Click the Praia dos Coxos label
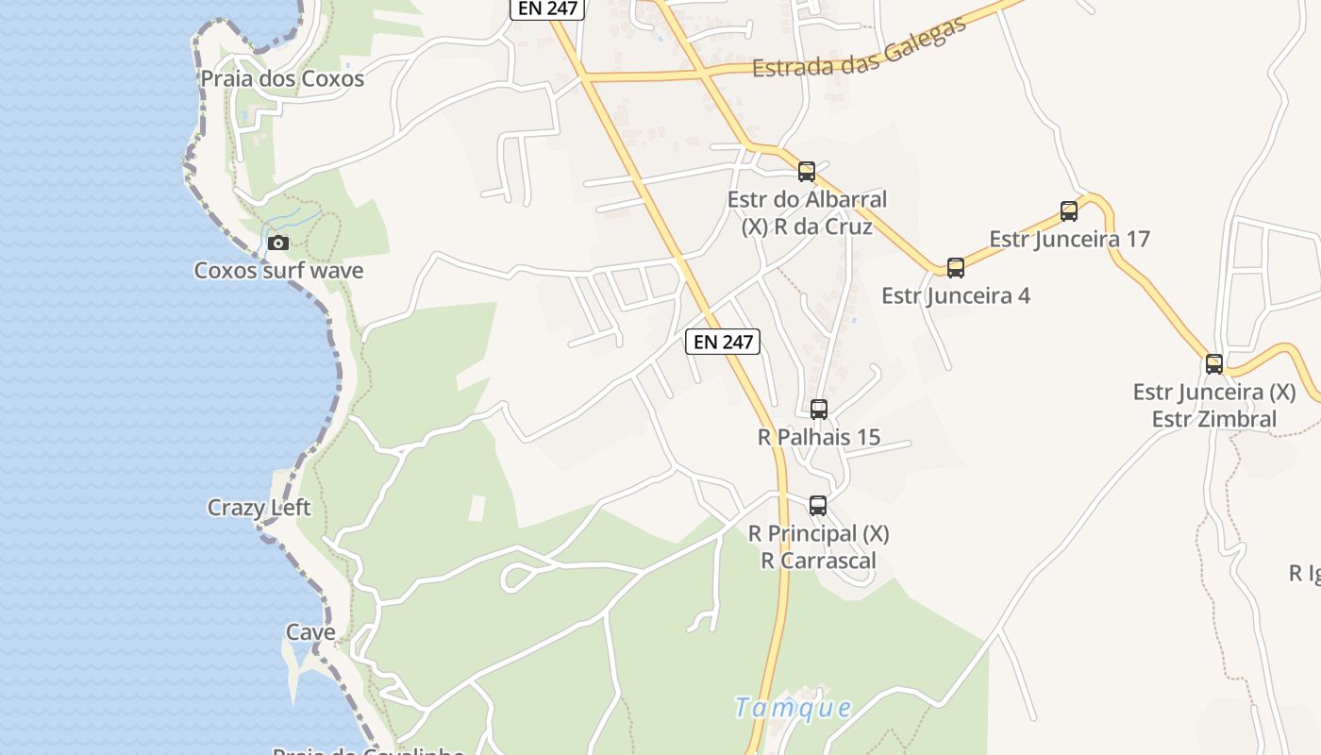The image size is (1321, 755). tap(282, 78)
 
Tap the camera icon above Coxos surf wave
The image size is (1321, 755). tap(277, 243)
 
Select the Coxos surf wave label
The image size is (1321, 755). tap(278, 271)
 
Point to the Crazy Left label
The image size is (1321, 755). tap(259, 508)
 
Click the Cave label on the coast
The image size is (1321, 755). tap(310, 631)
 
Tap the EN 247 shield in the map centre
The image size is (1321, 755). tap(723, 342)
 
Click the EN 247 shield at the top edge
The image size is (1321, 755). tap(548, 8)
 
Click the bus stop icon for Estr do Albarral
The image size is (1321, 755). tap(807, 172)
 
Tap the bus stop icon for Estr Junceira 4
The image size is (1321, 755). tap(956, 268)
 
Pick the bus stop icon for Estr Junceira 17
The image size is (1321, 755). tap(1069, 211)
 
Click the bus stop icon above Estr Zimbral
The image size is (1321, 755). tap(1214, 364)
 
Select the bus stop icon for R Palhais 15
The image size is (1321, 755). tap(819, 410)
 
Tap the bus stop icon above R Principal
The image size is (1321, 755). tap(818, 506)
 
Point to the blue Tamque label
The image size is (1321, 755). tap(794, 707)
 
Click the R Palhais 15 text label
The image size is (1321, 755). tap(819, 437)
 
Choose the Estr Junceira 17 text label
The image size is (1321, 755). tap(1070, 239)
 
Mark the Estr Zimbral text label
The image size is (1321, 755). tap(1214, 418)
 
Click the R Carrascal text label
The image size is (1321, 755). tap(818, 561)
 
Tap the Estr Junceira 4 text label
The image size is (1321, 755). tap(956, 295)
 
